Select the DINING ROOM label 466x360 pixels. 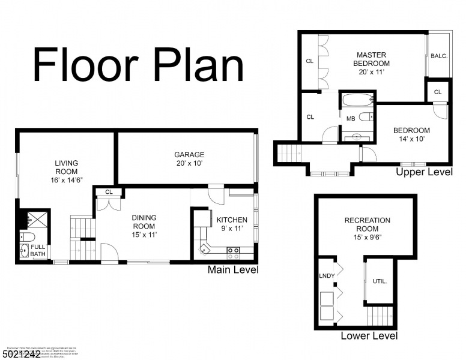point(144,226)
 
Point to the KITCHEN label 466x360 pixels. point(232,220)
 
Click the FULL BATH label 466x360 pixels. point(38,251)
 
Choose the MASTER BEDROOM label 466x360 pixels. point(371,59)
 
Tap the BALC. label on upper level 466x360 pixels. point(439,56)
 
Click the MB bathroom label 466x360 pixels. point(351,119)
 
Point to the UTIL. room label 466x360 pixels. point(380,281)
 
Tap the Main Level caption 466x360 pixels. point(233,270)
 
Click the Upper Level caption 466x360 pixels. point(424,172)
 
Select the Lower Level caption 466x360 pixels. point(369,336)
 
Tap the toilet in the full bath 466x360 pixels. point(24,251)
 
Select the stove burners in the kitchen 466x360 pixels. point(233,250)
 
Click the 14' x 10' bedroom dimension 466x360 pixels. point(411,139)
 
